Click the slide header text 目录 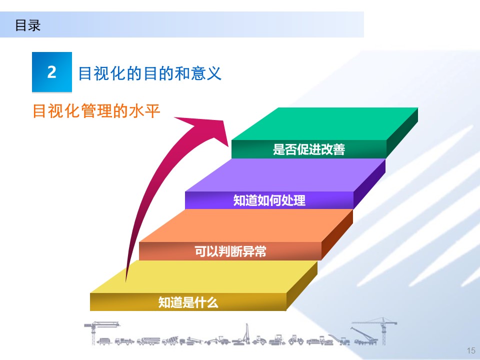27,25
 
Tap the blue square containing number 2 51,72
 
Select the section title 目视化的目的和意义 149,74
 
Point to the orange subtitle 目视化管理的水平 96,110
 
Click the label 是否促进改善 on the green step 308,149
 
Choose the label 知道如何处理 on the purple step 269,200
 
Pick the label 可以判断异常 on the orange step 230,251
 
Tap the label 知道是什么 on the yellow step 188,302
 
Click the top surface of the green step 325,123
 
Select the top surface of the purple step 285,175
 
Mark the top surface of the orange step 245,225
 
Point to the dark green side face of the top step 402,132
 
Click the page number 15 470,350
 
